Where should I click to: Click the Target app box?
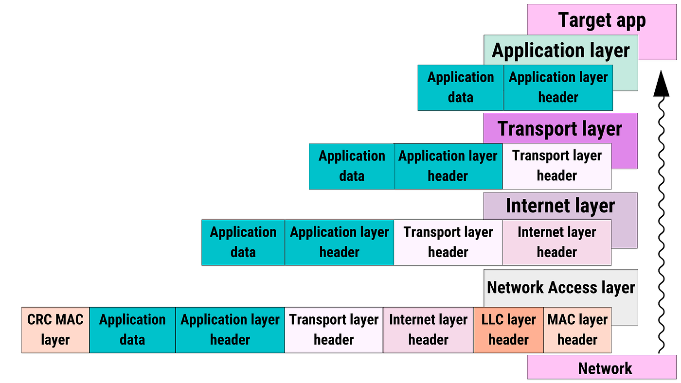click(602, 20)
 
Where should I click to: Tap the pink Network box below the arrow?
click(605, 368)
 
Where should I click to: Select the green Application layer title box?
click(560, 51)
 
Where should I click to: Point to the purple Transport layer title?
click(560, 129)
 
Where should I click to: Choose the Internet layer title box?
click(560, 206)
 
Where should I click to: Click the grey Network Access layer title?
click(560, 287)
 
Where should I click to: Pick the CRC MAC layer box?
click(55, 330)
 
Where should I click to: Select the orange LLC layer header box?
click(508, 330)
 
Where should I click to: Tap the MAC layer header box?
click(577, 330)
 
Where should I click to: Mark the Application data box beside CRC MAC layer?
click(132, 330)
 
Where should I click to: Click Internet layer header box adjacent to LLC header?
click(428, 330)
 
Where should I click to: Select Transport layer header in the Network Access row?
click(334, 330)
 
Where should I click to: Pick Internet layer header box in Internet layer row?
click(556, 242)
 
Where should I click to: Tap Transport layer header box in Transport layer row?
click(556, 166)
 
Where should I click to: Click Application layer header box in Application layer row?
click(558, 87)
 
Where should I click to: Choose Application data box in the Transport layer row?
click(352, 166)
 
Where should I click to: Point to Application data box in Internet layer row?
click(243, 242)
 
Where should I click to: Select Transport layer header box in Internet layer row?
click(448, 242)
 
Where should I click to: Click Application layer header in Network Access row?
click(230, 330)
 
